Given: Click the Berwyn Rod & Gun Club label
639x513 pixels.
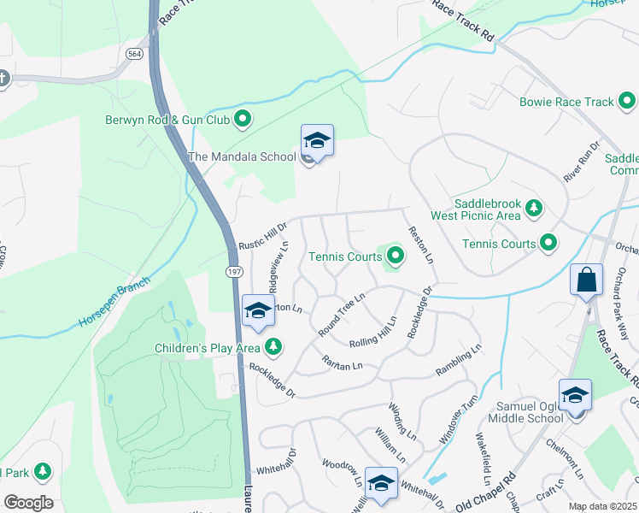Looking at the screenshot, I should coord(167,120).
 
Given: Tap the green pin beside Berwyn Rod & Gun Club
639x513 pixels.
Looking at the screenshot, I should coord(243,120).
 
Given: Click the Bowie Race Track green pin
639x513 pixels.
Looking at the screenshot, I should coord(626,102).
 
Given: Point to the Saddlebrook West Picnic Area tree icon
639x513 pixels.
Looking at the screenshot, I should coord(534,208).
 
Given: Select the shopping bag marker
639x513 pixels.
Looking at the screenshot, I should coord(586,280).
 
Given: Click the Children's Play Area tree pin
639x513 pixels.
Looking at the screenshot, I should coord(273,347).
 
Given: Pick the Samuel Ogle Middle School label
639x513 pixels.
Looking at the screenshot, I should coord(525,411).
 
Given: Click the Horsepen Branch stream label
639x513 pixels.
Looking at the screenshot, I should coord(114,303).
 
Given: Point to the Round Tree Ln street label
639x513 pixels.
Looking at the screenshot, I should coord(342,314).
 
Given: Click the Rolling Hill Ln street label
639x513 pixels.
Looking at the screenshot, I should coord(373,333).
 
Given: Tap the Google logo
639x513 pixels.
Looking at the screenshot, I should coord(28,503).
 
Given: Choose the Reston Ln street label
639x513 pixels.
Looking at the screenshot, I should coord(421,245).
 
